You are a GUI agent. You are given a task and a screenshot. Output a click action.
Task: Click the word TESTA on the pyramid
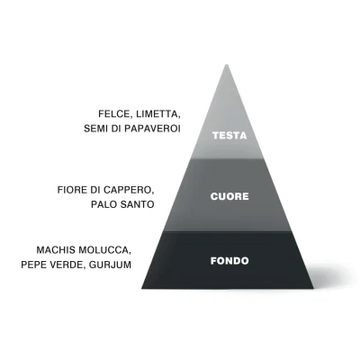point(229,136)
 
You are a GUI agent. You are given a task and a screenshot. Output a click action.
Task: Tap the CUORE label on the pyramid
point(229,196)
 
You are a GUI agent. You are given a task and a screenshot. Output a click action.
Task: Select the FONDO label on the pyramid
point(229,261)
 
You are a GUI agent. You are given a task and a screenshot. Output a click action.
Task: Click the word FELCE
point(115,114)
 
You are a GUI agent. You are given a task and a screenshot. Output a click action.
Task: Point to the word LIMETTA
point(158,114)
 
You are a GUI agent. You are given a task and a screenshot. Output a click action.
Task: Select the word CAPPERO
point(129,190)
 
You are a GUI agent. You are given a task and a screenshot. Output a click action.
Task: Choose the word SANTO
point(138,204)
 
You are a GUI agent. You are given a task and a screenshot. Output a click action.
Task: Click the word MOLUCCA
point(105,250)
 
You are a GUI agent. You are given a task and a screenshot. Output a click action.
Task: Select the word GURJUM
point(111,265)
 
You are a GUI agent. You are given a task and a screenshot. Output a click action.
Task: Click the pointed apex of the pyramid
point(227,65)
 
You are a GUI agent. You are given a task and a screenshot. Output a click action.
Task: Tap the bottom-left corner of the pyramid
point(141,289)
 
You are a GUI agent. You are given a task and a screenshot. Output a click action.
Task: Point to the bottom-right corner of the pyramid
point(313,289)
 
